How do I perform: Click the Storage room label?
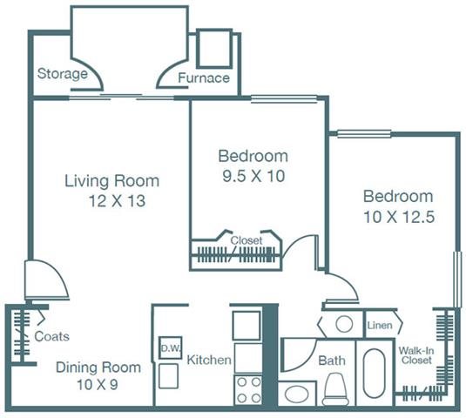coord(63,74)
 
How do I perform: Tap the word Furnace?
coord(204,78)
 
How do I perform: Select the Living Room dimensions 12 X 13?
coord(118,201)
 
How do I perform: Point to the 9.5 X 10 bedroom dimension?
coord(253,176)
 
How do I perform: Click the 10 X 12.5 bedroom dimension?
coord(399,217)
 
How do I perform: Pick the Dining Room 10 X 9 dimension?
coord(98,384)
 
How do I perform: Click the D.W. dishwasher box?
coord(171,347)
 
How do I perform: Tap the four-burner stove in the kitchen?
coord(248,389)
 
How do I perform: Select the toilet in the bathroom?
coord(335,389)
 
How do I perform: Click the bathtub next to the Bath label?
coord(374,373)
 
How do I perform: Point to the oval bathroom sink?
coord(296,394)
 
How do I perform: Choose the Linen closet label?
coord(380,326)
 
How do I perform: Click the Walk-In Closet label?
coord(416,355)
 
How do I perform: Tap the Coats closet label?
coord(51,336)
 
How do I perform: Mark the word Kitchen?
coord(209,360)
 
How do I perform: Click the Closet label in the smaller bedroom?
coord(247,240)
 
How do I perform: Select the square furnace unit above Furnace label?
coord(214,49)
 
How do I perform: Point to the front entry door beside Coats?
coord(46,280)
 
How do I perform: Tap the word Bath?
coord(332,361)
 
